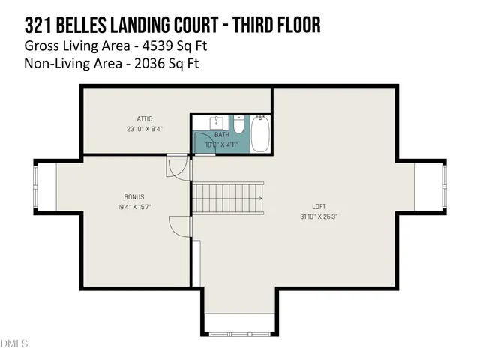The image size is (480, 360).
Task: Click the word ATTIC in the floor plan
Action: [x=145, y=118]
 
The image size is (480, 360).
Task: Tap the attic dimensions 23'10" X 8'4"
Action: [x=145, y=128]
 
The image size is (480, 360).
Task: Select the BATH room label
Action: [x=222, y=136]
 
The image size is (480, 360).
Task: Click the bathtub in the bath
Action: [x=260, y=133]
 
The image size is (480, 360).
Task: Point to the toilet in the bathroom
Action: [x=239, y=124]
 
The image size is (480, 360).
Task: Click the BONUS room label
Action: [x=134, y=197]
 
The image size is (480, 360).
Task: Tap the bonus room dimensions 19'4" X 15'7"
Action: [x=134, y=207]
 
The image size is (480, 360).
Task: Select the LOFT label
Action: [x=319, y=207]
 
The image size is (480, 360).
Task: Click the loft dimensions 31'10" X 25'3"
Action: [x=319, y=217]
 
